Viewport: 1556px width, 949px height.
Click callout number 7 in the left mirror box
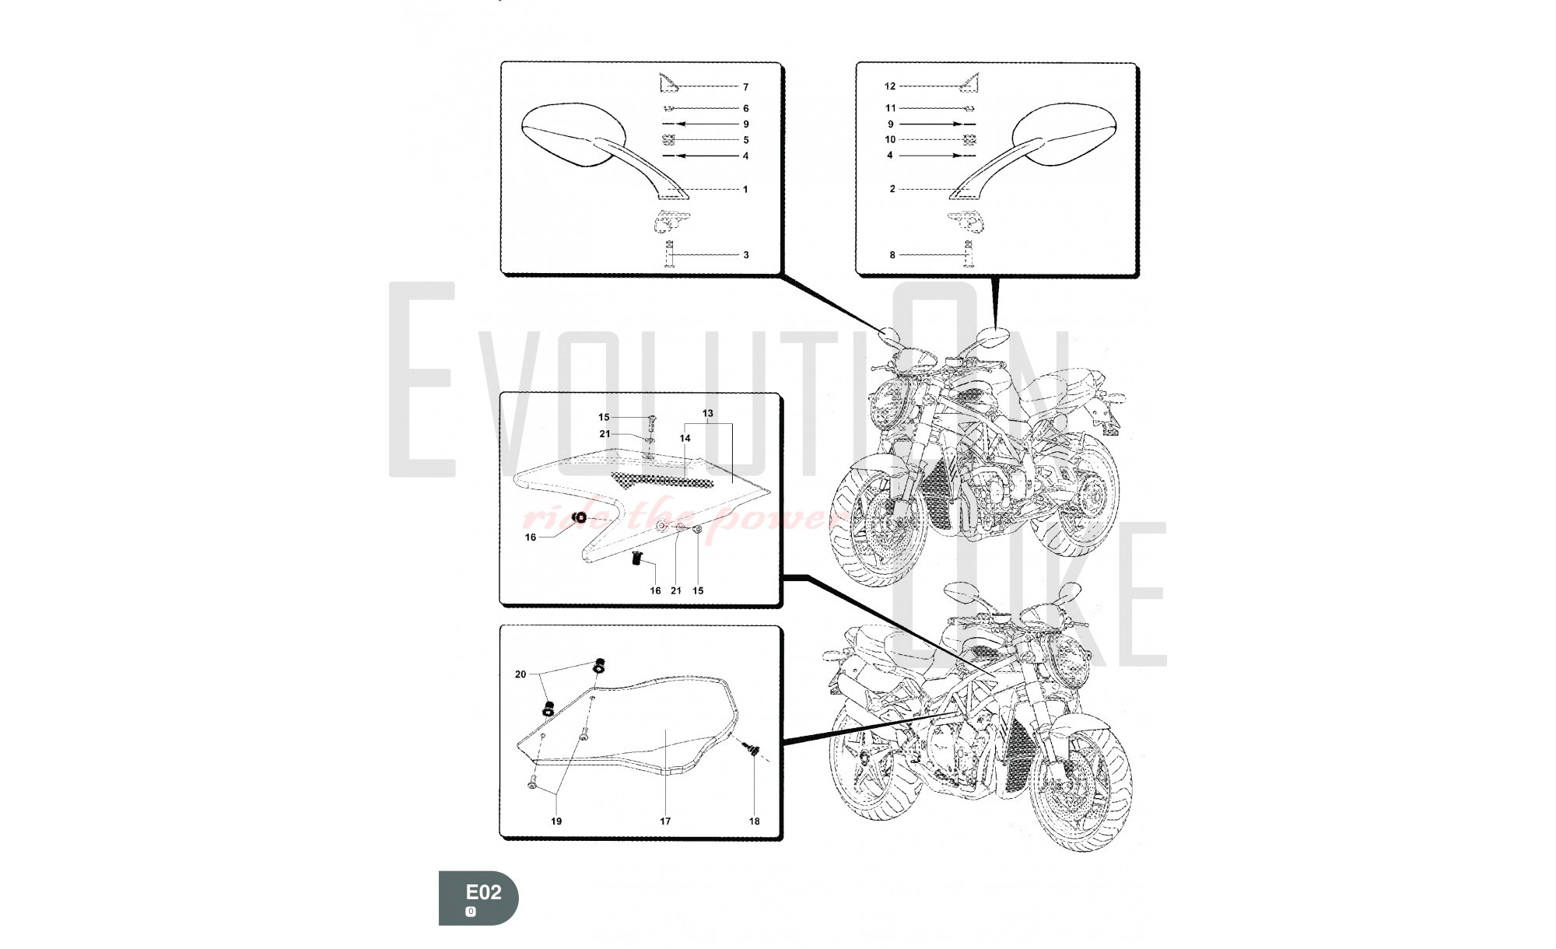(745, 87)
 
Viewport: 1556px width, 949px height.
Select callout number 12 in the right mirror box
(890, 86)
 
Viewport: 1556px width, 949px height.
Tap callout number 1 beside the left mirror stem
(745, 190)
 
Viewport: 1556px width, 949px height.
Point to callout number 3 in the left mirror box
(745, 255)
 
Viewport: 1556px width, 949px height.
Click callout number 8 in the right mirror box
(892, 255)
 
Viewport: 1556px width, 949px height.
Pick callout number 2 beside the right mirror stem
(892, 189)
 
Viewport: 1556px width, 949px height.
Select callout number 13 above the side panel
(708, 414)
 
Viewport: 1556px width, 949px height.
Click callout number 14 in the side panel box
(685, 439)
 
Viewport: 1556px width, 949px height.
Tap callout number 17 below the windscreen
(665, 821)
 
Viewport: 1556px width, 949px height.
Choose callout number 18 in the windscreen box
(754, 821)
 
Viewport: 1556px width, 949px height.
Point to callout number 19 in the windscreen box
(556, 821)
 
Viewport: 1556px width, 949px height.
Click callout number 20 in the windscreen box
(520, 674)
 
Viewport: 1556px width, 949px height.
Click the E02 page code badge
(478, 898)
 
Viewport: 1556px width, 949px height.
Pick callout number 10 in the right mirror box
(890, 140)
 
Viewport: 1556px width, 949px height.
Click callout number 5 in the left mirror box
(745, 141)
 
